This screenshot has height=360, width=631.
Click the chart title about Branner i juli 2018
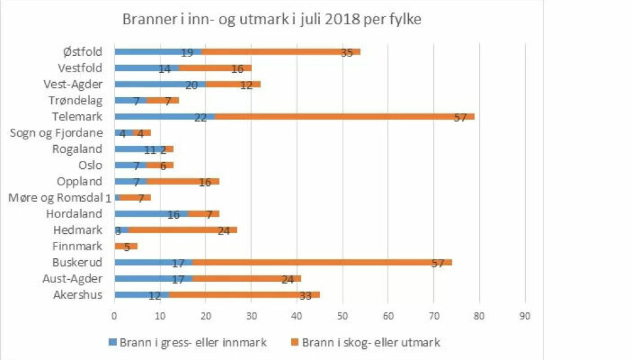(271, 20)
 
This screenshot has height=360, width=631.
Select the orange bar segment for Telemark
(342, 117)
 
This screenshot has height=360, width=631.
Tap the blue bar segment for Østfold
(158, 51)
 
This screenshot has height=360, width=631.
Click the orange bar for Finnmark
(126, 246)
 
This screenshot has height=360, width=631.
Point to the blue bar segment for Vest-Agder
(160, 84)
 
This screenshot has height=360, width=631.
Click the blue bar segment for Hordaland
(151, 214)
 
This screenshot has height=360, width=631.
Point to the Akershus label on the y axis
(78, 295)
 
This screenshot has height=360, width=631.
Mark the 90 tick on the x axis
(525, 316)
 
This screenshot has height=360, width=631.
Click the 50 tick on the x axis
(342, 316)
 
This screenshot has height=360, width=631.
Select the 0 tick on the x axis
(114, 316)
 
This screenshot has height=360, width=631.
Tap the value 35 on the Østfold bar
(347, 53)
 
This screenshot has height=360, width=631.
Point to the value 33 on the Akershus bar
(305, 296)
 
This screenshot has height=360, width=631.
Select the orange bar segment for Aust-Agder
(246, 279)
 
